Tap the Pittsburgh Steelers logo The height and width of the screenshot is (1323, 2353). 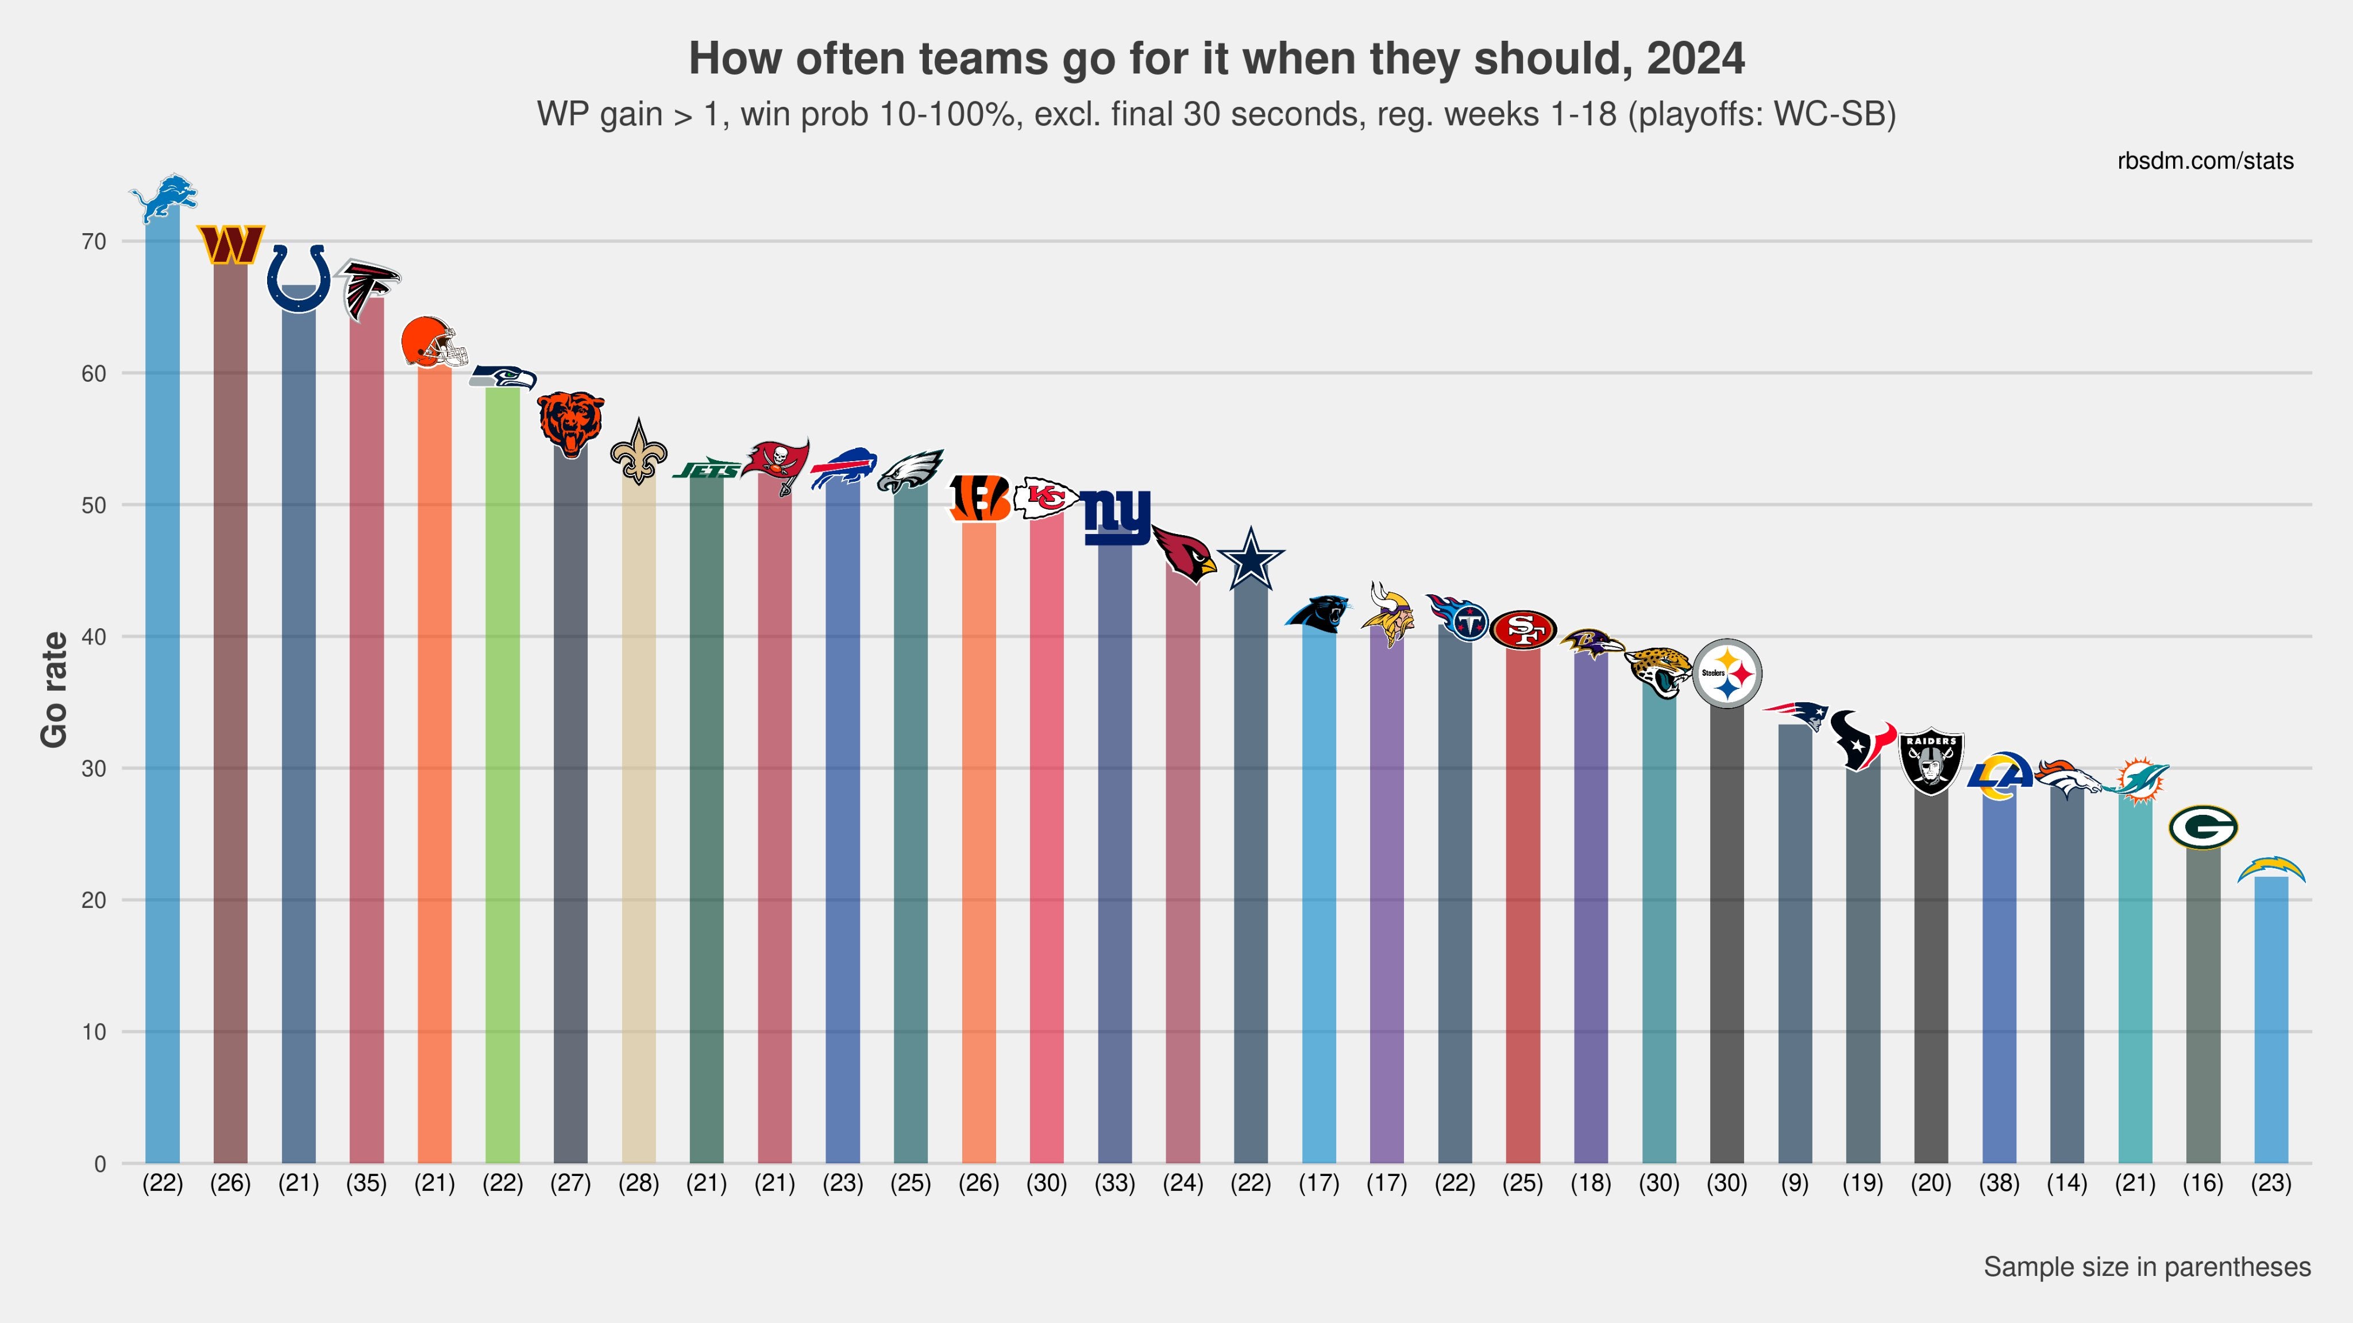click(x=1726, y=674)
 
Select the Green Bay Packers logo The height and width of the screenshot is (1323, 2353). click(x=2202, y=827)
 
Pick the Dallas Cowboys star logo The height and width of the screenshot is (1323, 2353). click(x=1251, y=559)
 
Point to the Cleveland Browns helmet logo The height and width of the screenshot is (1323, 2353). click(x=434, y=342)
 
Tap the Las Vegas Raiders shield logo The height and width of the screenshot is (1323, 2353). click(x=1931, y=761)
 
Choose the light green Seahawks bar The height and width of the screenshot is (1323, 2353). click(x=503, y=776)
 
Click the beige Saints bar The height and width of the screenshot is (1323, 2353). click(x=638, y=822)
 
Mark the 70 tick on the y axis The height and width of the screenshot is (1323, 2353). click(x=94, y=242)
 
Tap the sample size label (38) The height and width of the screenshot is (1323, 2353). click(x=1999, y=1183)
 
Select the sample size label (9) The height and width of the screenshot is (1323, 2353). click(x=1795, y=1183)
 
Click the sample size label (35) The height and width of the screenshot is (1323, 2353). click(x=367, y=1183)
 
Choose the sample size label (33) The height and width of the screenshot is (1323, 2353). click(x=1114, y=1183)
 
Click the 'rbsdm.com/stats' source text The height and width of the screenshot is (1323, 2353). click(x=2205, y=161)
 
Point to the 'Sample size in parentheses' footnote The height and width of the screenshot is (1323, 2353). click(x=2147, y=1267)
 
